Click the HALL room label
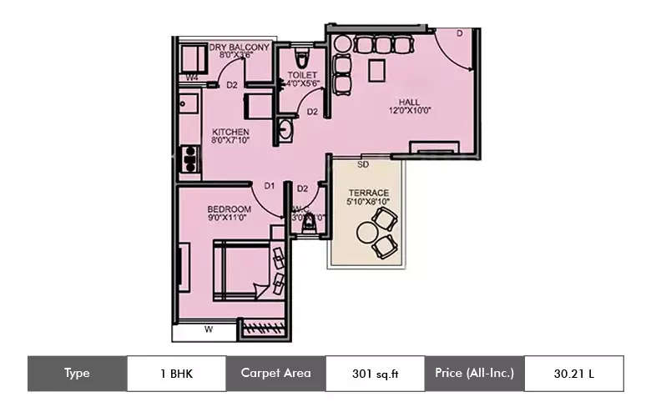tap(409, 102)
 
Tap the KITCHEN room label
tap(230, 132)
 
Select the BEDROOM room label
tap(229, 208)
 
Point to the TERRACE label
tap(368, 192)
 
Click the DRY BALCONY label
tap(239, 48)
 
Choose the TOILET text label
tap(302, 74)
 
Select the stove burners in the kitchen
tap(190, 158)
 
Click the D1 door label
tap(270, 186)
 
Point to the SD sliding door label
tap(363, 165)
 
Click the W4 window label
tap(191, 78)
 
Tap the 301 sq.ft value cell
tap(375, 374)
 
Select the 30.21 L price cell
tap(574, 374)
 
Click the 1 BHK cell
tap(176, 374)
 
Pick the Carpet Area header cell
tap(275, 374)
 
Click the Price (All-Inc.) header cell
tap(474, 374)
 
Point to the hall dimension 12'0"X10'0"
tap(409, 111)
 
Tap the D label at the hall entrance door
tap(459, 33)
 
